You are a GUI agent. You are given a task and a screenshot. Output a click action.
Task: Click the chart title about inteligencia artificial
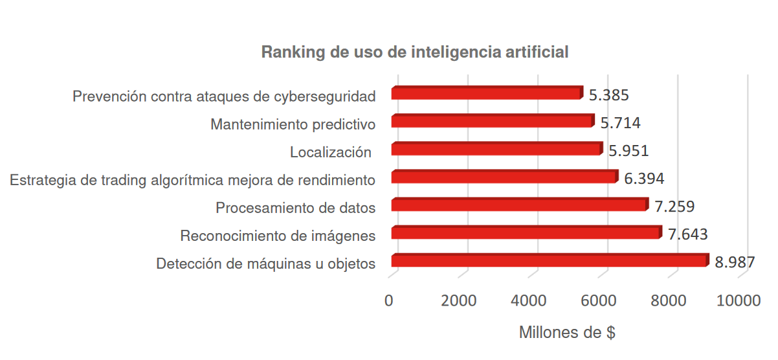click(x=415, y=52)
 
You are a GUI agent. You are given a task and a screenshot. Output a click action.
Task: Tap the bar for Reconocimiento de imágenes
click(x=526, y=232)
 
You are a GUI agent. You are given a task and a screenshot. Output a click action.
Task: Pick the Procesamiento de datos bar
click(x=519, y=205)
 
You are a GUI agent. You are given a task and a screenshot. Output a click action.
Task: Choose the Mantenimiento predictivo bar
click(x=492, y=121)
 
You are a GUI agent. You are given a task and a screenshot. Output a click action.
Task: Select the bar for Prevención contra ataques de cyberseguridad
click(x=486, y=93)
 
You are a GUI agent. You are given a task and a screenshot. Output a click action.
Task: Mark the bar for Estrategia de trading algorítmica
click(x=504, y=177)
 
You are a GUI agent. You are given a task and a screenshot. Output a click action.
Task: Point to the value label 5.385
click(x=609, y=95)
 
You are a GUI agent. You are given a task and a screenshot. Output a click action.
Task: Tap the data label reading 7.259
click(x=674, y=207)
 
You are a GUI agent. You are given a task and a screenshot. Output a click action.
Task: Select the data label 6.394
click(x=644, y=179)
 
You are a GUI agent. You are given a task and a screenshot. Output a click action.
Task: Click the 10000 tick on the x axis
click(x=739, y=301)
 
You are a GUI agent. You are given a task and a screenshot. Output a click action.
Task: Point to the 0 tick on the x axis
click(x=389, y=301)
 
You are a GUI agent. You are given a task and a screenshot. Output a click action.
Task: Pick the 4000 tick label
click(x=529, y=301)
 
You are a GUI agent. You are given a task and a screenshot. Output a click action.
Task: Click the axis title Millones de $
click(x=567, y=333)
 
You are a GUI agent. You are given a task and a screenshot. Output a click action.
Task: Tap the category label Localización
click(x=330, y=153)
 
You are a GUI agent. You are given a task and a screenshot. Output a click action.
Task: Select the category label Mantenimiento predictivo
click(x=293, y=124)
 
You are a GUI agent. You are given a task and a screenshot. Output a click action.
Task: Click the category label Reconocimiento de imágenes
click(x=278, y=236)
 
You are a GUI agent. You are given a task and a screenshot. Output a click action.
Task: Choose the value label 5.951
click(x=628, y=151)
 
